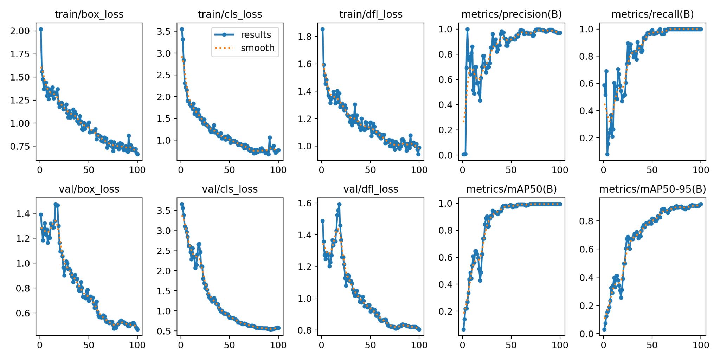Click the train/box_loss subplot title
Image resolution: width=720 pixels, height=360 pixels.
(x=89, y=14)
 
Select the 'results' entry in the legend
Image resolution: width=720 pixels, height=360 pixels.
(x=256, y=35)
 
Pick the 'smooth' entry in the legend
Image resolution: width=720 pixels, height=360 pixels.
(x=257, y=48)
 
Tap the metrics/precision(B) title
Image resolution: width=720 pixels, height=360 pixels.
(x=512, y=14)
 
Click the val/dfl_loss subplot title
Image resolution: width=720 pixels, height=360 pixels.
(x=371, y=189)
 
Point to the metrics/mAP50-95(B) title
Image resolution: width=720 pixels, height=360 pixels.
(x=652, y=189)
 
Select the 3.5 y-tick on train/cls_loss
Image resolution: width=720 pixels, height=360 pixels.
(x=163, y=32)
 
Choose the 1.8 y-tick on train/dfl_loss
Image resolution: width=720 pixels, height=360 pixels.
(x=305, y=37)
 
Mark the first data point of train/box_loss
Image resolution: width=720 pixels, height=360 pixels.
(x=41, y=29)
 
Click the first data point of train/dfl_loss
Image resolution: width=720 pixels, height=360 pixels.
(x=322, y=29)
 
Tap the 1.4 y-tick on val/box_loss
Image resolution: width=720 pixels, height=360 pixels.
(x=23, y=213)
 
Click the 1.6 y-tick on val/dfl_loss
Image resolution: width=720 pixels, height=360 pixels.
(x=305, y=203)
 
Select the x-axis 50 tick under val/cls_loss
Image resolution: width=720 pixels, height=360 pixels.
(x=229, y=345)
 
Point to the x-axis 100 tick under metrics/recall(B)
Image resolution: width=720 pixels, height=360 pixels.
(x=701, y=170)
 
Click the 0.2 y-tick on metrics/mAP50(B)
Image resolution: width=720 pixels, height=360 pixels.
(x=446, y=311)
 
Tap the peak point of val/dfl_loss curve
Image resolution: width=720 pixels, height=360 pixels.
(x=339, y=204)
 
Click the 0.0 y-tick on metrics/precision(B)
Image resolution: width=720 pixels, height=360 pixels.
(x=446, y=155)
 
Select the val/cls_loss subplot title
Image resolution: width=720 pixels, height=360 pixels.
(x=230, y=189)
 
